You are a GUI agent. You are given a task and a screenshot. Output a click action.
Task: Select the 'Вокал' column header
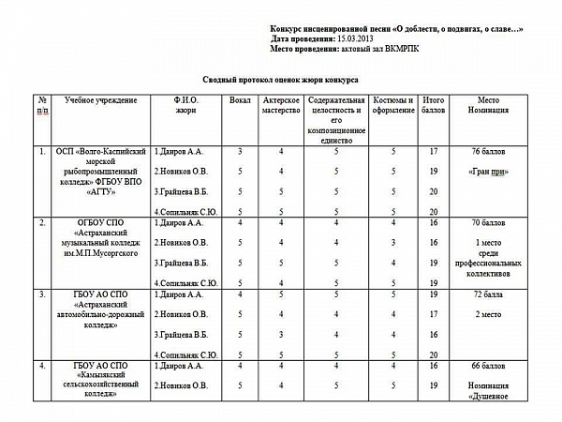(240, 99)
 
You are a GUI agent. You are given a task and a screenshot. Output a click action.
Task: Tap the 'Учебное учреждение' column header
(100, 99)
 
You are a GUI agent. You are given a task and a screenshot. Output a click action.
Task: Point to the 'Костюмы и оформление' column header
(394, 105)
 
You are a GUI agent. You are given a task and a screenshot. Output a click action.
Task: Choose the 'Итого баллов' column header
(434, 105)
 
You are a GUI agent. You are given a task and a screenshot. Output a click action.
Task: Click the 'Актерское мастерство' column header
(281, 105)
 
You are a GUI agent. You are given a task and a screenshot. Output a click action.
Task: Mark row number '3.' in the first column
(41, 294)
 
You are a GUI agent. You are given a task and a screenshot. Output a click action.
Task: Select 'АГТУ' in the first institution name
(100, 190)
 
